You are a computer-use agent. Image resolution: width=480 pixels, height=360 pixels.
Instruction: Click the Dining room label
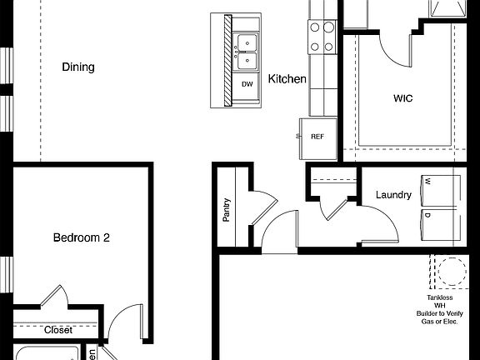point(78,67)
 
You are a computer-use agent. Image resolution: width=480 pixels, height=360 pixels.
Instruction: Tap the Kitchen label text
point(287,80)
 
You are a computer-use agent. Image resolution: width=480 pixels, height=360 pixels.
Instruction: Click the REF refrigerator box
point(317,137)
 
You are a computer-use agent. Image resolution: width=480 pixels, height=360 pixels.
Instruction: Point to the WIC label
point(403,98)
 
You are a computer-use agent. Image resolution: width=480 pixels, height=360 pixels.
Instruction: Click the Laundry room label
point(393,195)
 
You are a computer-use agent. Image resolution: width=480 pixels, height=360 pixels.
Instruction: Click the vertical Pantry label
point(227,208)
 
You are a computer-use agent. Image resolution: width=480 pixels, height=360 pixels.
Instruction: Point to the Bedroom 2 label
point(82,237)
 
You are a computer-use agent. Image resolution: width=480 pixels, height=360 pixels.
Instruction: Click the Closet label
point(58,330)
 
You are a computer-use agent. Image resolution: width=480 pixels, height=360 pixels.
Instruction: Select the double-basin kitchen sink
point(247,52)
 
